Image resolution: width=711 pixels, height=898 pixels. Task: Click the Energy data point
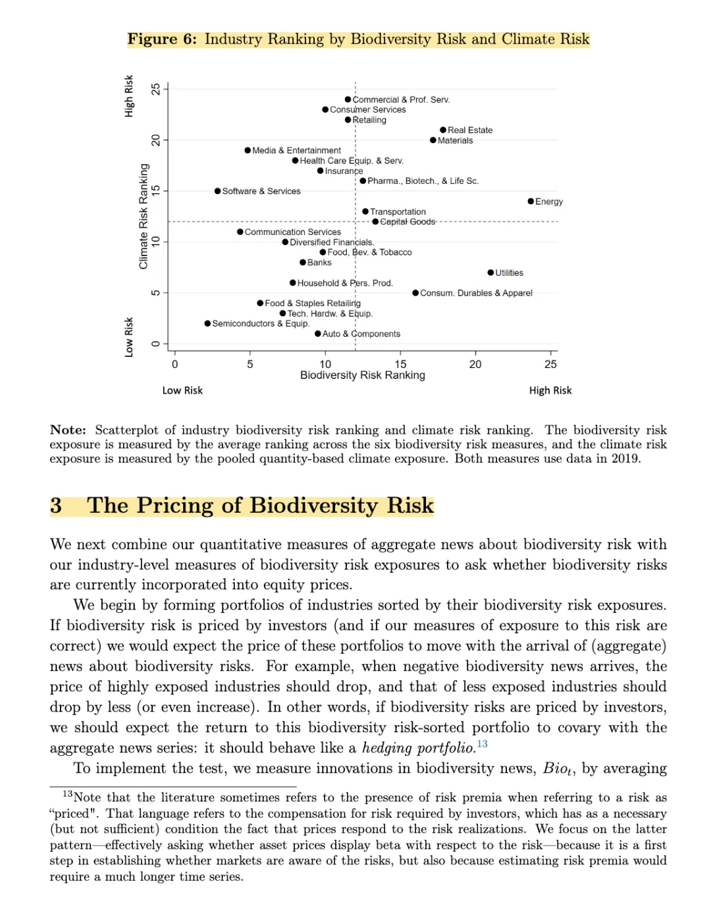pos(531,201)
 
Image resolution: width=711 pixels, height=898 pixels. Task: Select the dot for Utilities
pos(490,273)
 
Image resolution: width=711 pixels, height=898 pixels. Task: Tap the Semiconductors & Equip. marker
pos(207,323)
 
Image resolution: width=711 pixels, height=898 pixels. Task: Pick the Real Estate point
pos(443,130)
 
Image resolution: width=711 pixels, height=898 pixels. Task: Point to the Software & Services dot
pos(217,191)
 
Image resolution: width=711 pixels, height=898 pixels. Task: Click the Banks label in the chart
pos(319,263)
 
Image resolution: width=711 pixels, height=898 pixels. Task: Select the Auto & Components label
pos(361,334)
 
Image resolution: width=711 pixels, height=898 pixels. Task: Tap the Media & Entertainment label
pos(296,151)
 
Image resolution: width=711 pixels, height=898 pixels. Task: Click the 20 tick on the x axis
pos(475,364)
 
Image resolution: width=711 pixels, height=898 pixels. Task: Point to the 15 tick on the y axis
pos(156,191)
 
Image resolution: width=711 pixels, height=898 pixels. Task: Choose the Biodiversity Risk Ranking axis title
pos(362,375)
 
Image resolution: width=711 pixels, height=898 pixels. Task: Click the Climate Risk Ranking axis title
pos(144,216)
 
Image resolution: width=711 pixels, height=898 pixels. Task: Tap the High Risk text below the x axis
pos(550,390)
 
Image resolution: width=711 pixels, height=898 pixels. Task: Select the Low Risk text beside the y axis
pos(129,337)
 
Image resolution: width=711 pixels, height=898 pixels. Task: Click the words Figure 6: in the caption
pos(162,40)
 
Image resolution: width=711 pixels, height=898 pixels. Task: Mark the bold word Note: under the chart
pos(68,430)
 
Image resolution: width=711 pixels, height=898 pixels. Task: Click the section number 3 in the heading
pos(56,506)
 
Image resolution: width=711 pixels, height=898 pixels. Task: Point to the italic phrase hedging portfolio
pos(419,748)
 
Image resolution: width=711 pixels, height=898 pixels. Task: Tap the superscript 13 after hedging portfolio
pos(483,744)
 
